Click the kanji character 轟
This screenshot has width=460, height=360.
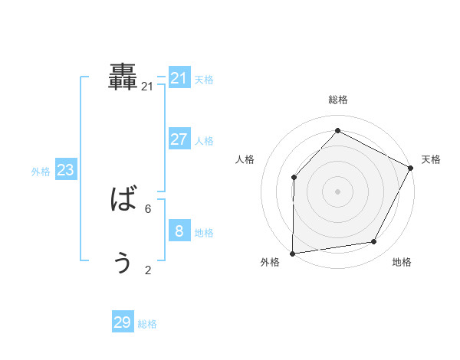click(x=123, y=77)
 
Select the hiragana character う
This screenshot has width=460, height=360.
click(x=123, y=263)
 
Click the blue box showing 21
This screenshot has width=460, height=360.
click(x=179, y=78)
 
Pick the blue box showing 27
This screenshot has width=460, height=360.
click(x=179, y=139)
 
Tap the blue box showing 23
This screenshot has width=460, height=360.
click(x=65, y=170)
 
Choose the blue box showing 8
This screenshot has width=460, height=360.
click(x=179, y=231)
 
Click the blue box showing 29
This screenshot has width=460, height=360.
click(x=122, y=322)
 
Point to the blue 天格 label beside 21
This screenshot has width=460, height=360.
click(x=204, y=80)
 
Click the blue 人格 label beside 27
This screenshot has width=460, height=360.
click(x=204, y=141)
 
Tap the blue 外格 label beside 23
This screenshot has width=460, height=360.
click(x=41, y=172)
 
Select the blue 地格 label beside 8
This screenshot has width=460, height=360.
click(x=204, y=233)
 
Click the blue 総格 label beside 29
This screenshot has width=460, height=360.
click(x=147, y=324)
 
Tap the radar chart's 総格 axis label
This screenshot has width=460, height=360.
click(x=337, y=100)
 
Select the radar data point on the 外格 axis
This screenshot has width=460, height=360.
click(x=292, y=253)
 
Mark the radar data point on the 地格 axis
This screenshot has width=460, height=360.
click(x=374, y=242)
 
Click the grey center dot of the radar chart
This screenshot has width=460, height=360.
click(x=337, y=191)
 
